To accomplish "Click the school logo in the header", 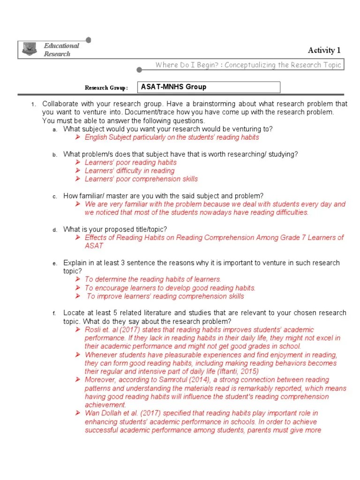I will pyautogui.click(x=30, y=49).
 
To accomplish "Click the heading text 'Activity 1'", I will pyautogui.click(x=324, y=50).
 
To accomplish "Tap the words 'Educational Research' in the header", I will pyautogui.click(x=61, y=50).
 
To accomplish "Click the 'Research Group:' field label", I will pyautogui.click(x=106, y=88).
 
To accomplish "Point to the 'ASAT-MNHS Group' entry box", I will pyautogui.click(x=209, y=87).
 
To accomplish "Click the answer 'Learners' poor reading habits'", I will pyautogui.click(x=130, y=162).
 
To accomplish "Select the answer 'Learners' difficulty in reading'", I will pyautogui.click(x=129, y=171).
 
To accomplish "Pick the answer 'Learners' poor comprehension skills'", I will pyautogui.click(x=141, y=179).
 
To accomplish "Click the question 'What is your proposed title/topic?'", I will pyautogui.click(x=115, y=229).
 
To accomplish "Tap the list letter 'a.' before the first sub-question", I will pyautogui.click(x=55, y=129).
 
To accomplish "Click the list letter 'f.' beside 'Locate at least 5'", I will pyautogui.click(x=55, y=313).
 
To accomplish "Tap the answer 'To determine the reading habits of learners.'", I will pyautogui.click(x=153, y=279).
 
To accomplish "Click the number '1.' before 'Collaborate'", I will pyautogui.click(x=33, y=104).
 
